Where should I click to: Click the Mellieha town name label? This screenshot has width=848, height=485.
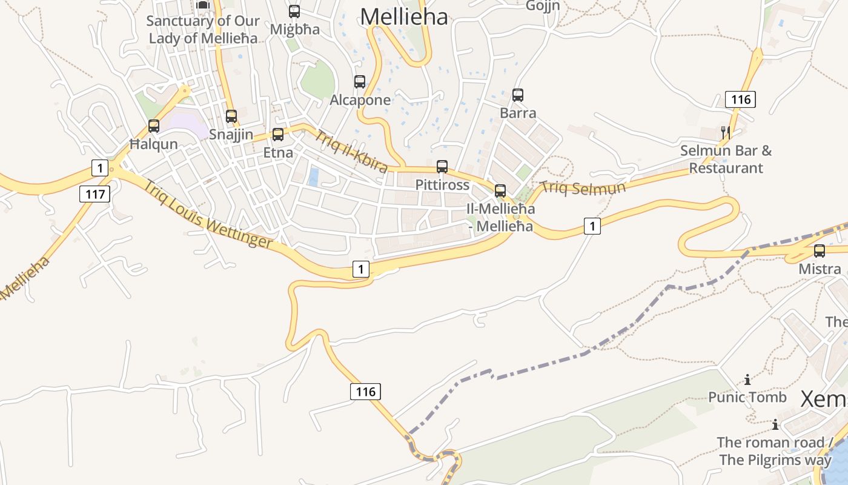point(404,16)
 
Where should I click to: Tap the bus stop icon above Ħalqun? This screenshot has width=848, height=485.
point(154,126)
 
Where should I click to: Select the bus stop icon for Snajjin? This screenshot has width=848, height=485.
point(231,116)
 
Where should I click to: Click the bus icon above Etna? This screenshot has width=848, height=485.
point(278,135)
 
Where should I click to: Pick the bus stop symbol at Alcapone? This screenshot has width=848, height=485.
point(360,82)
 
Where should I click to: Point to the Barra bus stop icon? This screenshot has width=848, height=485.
point(518,95)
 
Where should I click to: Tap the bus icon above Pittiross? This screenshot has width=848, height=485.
point(442,167)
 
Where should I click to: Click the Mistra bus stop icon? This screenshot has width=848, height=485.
point(820,251)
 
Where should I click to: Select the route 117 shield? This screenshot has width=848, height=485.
point(95,194)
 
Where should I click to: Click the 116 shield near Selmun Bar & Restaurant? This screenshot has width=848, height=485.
point(740,99)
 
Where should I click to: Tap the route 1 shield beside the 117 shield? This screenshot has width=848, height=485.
point(100,167)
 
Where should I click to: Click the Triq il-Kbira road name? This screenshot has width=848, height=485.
point(351,152)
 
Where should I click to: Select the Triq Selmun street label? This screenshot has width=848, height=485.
point(583,188)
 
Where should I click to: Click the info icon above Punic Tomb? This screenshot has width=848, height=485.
point(747,380)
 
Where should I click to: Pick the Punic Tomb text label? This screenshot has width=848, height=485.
point(747,398)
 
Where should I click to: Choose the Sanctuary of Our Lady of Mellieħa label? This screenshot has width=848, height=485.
point(203,29)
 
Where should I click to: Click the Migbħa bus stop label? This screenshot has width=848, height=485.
point(294,29)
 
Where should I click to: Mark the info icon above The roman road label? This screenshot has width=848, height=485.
point(775,424)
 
